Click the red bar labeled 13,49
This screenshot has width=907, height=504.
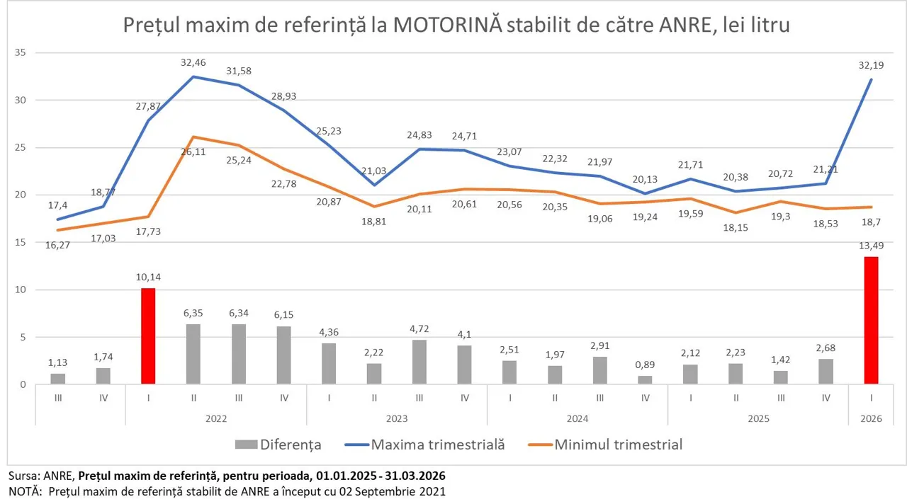click(x=871, y=321)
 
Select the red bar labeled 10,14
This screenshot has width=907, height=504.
click(x=148, y=336)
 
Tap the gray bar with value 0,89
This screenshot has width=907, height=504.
click(x=645, y=380)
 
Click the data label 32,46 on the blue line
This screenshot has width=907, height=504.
click(x=193, y=62)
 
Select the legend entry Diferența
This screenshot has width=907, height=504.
click(x=290, y=445)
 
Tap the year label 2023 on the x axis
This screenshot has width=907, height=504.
click(x=397, y=418)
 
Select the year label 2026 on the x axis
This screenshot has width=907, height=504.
click(x=871, y=418)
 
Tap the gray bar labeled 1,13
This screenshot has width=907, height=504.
click(x=58, y=379)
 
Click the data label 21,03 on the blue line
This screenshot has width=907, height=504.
click(x=374, y=171)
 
